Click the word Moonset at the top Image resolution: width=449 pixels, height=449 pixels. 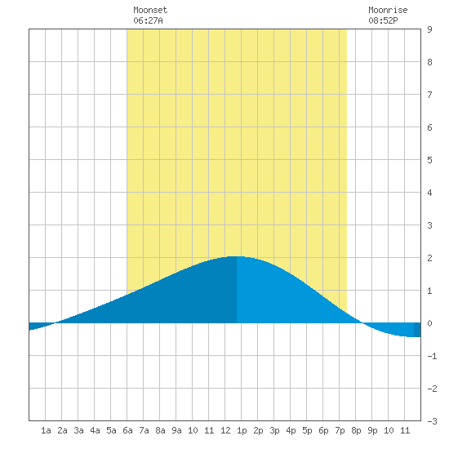tap(150, 10)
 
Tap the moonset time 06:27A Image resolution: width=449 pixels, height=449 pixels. tap(148, 20)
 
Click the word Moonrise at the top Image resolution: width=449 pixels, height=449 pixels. tap(388, 10)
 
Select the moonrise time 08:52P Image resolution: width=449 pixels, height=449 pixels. tap(383, 20)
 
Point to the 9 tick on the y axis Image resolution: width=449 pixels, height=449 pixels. tap(429, 29)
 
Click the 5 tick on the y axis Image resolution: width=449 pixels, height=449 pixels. tap(429, 160)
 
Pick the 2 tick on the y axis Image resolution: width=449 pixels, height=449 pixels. tap(429, 258)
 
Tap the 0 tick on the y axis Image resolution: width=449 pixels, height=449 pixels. tap(429, 323)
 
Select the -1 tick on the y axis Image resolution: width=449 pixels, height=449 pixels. tap(432, 356)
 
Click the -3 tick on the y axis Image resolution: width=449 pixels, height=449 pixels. tap(432, 421)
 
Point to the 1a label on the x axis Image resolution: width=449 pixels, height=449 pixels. tap(46, 430)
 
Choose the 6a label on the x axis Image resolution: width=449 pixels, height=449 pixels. tap(127, 430)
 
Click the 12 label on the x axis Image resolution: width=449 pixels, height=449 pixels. tap(225, 430)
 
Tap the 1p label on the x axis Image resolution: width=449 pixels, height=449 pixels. tap(242, 431)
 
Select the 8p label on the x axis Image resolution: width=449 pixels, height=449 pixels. tap(356, 431)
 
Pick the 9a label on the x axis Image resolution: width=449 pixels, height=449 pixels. tap(176, 430)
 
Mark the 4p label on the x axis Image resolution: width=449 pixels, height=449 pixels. tap(291, 431)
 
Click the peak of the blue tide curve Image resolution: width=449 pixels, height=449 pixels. tap(236, 256)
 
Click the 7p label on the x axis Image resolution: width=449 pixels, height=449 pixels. tap(340, 431)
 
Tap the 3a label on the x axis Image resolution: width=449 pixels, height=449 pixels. tap(78, 430)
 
